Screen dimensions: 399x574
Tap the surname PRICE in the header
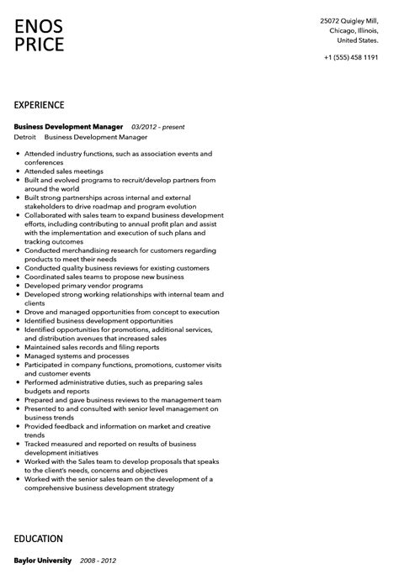pyautogui.click(x=40, y=45)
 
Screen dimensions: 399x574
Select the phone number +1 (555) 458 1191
pyautogui.click(x=350, y=56)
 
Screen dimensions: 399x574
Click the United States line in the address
pyautogui.click(x=358, y=39)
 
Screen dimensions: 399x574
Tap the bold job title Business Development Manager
pyautogui.click(x=69, y=127)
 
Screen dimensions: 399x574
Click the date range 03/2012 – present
pyautogui.click(x=157, y=127)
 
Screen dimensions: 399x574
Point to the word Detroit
pyautogui.click(x=25, y=137)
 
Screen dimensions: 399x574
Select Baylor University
pyautogui.click(x=44, y=561)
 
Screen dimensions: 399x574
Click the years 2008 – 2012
pyautogui.click(x=99, y=561)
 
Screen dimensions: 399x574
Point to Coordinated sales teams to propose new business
pyautogui.click(x=104, y=276)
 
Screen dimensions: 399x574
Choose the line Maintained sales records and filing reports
pyautogui.click(x=92, y=347)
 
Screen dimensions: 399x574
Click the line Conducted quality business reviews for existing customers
pyautogui.click(x=117, y=268)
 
